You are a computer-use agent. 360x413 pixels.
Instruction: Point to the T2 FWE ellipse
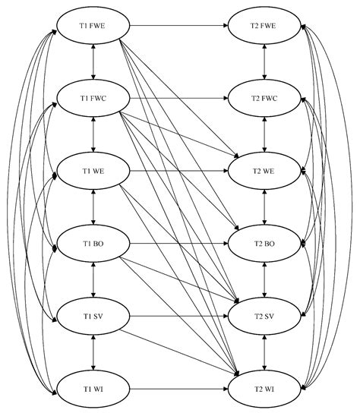click(x=264, y=26)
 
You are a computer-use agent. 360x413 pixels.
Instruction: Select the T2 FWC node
click(x=264, y=99)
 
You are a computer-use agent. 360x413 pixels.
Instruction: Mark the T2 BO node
click(x=264, y=244)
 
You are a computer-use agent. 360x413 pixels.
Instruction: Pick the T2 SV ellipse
click(x=264, y=315)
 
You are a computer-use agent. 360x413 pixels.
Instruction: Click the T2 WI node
click(x=264, y=388)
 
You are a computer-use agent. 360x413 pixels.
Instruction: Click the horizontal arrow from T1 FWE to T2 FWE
click(x=178, y=26)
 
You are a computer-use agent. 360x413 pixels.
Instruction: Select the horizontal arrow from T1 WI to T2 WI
click(x=178, y=388)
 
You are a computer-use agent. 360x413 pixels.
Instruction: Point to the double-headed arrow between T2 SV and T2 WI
click(x=264, y=352)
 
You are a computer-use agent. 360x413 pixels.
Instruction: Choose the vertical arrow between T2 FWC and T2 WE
click(x=264, y=134)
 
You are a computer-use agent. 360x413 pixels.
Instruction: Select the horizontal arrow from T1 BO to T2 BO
click(x=178, y=244)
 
